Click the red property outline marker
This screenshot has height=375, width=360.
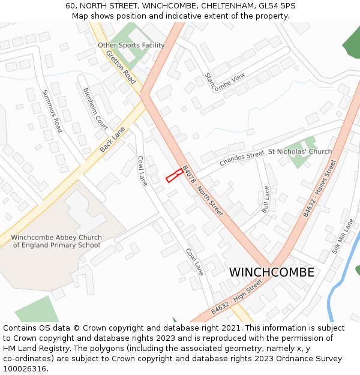[175, 175]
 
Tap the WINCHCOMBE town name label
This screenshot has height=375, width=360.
[271, 272]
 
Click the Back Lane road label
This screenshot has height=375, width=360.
[113, 139]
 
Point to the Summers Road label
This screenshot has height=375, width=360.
[52, 111]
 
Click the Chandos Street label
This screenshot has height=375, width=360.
[242, 159]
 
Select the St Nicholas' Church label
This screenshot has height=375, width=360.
[300, 152]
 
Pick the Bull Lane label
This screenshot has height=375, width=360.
[266, 200]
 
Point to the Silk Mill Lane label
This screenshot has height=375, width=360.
[342, 236]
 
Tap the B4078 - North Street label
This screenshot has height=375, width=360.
[202, 191]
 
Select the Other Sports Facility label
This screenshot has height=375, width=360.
[131, 46]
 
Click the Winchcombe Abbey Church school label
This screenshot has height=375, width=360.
[56, 241]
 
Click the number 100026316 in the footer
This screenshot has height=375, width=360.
[25, 368]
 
